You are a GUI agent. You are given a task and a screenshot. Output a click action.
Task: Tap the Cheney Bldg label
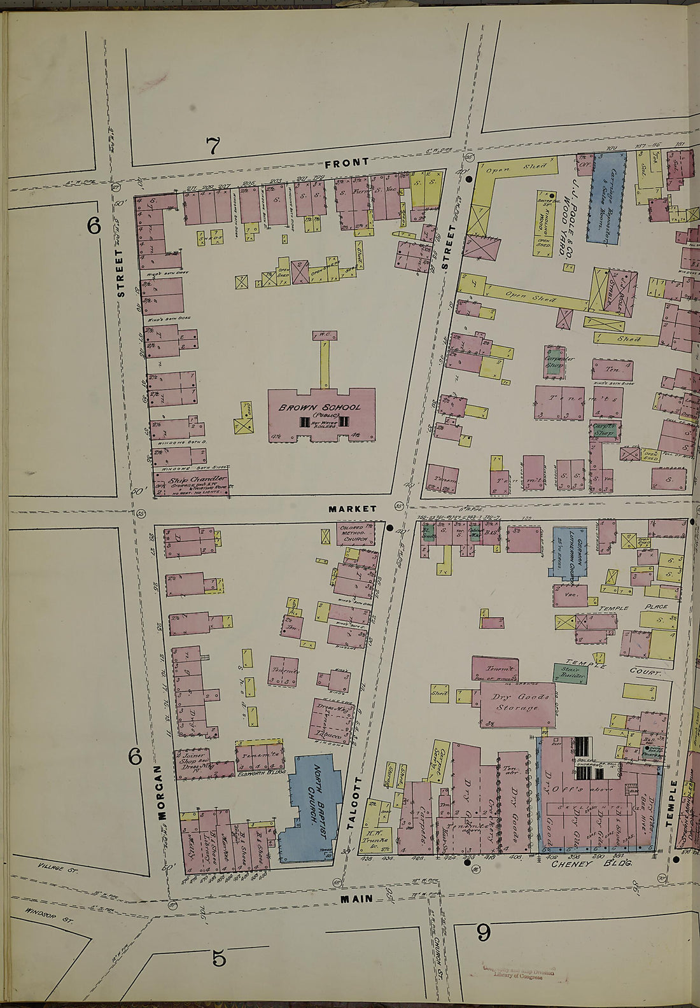pyautogui.click(x=591, y=864)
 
